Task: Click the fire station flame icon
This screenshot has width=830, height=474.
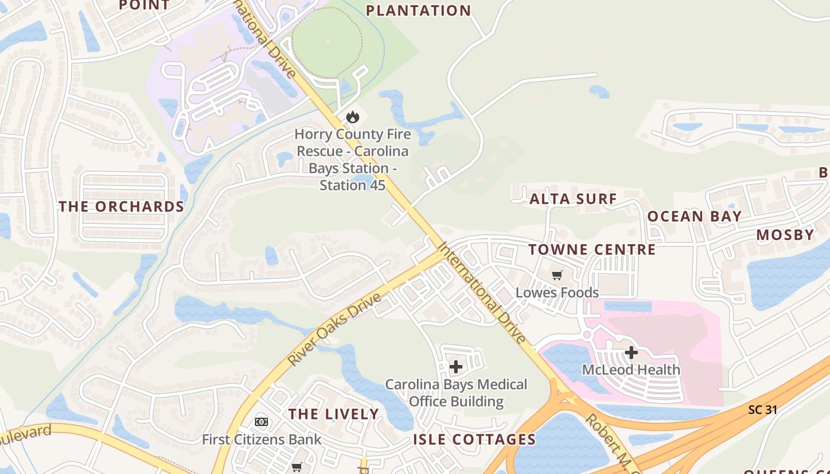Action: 353,117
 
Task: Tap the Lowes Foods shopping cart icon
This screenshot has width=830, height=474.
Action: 557,275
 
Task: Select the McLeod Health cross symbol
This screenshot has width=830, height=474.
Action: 631,353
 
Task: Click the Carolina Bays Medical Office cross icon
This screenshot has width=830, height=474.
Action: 455,367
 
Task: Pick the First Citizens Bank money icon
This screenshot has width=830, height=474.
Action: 261,422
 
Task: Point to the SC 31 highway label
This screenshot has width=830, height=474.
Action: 762,409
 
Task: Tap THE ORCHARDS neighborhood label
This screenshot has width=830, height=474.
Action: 122,207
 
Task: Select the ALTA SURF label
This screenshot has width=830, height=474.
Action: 573,199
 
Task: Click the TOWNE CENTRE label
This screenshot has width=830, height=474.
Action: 592,249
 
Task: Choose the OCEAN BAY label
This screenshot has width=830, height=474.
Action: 694,216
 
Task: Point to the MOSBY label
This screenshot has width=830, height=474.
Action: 785,235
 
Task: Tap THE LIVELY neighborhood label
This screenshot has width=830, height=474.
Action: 333,414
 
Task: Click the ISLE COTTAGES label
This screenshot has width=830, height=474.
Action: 474,440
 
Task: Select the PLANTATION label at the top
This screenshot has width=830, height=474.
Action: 418,11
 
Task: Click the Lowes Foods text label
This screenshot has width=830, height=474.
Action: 557,293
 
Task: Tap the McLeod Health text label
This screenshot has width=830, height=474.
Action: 631,370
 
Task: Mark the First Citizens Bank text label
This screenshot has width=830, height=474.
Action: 261,440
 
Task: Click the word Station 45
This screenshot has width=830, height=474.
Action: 353,185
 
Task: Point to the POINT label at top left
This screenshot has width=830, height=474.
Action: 144,5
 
